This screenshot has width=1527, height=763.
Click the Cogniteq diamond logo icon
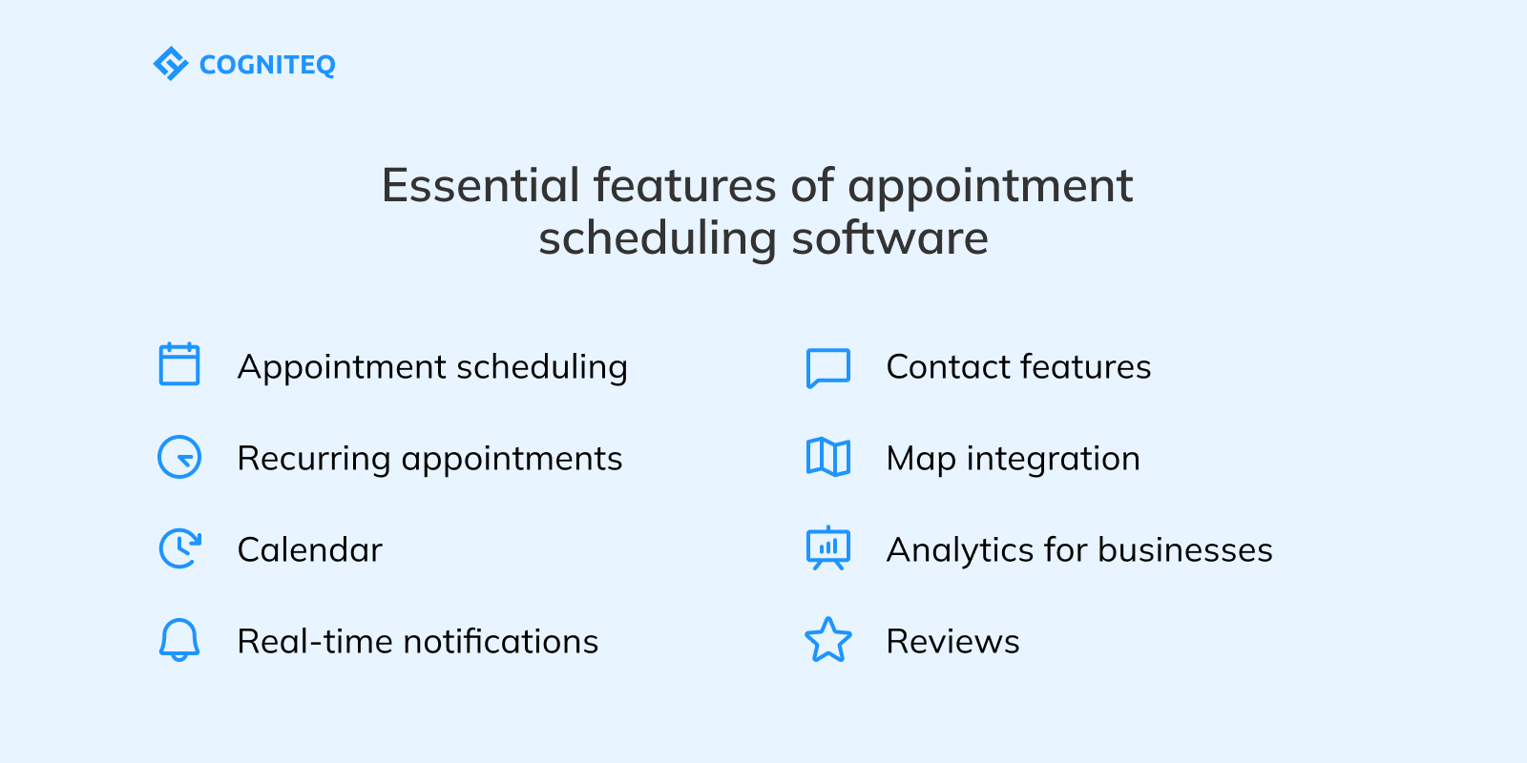(x=171, y=64)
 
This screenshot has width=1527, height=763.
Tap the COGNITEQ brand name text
(x=267, y=65)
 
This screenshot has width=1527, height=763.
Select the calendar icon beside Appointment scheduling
(x=179, y=365)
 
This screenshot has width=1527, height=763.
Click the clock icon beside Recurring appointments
(x=179, y=458)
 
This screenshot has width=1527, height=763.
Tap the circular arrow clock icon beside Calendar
(x=179, y=549)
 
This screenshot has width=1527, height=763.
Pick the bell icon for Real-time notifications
(x=179, y=640)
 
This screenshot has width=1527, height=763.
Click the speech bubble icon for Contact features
(x=828, y=367)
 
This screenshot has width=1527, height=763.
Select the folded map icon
(x=828, y=458)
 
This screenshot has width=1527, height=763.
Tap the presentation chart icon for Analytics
(x=828, y=548)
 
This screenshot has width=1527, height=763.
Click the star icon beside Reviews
(x=828, y=640)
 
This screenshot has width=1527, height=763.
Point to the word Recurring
(x=314, y=459)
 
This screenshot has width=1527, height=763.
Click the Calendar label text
(x=309, y=550)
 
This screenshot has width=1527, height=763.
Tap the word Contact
(x=948, y=367)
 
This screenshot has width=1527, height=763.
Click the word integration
(x=1053, y=459)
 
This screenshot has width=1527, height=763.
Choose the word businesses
(x=1184, y=550)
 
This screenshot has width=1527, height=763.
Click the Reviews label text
(x=952, y=642)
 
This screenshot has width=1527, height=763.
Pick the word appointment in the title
(x=990, y=185)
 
